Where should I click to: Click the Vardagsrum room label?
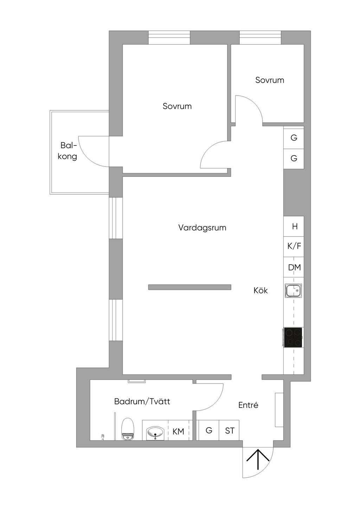(202, 228)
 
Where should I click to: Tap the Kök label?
(261, 291)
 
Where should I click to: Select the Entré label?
(248, 405)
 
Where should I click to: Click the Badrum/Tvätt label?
(142, 401)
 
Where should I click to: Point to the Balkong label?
(67, 151)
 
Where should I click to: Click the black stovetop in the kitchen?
(293, 337)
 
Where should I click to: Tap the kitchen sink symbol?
(294, 291)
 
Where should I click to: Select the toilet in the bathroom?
(127, 429)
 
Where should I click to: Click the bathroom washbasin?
(155, 432)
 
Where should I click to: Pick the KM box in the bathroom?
(179, 431)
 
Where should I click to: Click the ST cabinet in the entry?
(230, 430)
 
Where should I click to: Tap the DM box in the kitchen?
(294, 267)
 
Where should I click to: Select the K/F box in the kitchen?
(294, 246)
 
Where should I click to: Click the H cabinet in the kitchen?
(295, 227)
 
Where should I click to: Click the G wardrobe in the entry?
(209, 430)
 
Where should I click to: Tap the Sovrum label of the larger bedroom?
(177, 106)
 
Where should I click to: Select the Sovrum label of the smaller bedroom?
(270, 80)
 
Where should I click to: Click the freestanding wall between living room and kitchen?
(189, 287)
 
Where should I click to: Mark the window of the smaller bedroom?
(260, 38)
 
